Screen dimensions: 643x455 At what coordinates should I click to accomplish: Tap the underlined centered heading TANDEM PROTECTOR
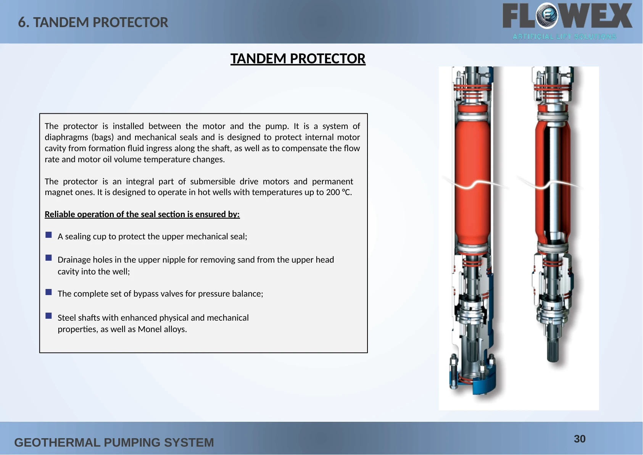pos(298,58)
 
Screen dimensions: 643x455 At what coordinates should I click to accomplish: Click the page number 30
pos(580,439)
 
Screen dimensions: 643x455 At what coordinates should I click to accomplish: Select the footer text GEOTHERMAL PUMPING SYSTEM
pos(114,442)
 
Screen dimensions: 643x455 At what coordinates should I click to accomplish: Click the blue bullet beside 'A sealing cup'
pos(48,235)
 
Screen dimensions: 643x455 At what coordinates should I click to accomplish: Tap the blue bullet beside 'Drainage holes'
pos(48,258)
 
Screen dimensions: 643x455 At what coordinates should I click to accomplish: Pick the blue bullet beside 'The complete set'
pos(48,292)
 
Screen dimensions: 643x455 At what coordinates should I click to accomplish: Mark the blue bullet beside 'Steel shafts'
pos(48,316)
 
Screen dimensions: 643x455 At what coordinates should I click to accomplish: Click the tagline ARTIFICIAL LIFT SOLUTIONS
pos(564,37)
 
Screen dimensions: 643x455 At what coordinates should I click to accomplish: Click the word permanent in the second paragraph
pos(332,182)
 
